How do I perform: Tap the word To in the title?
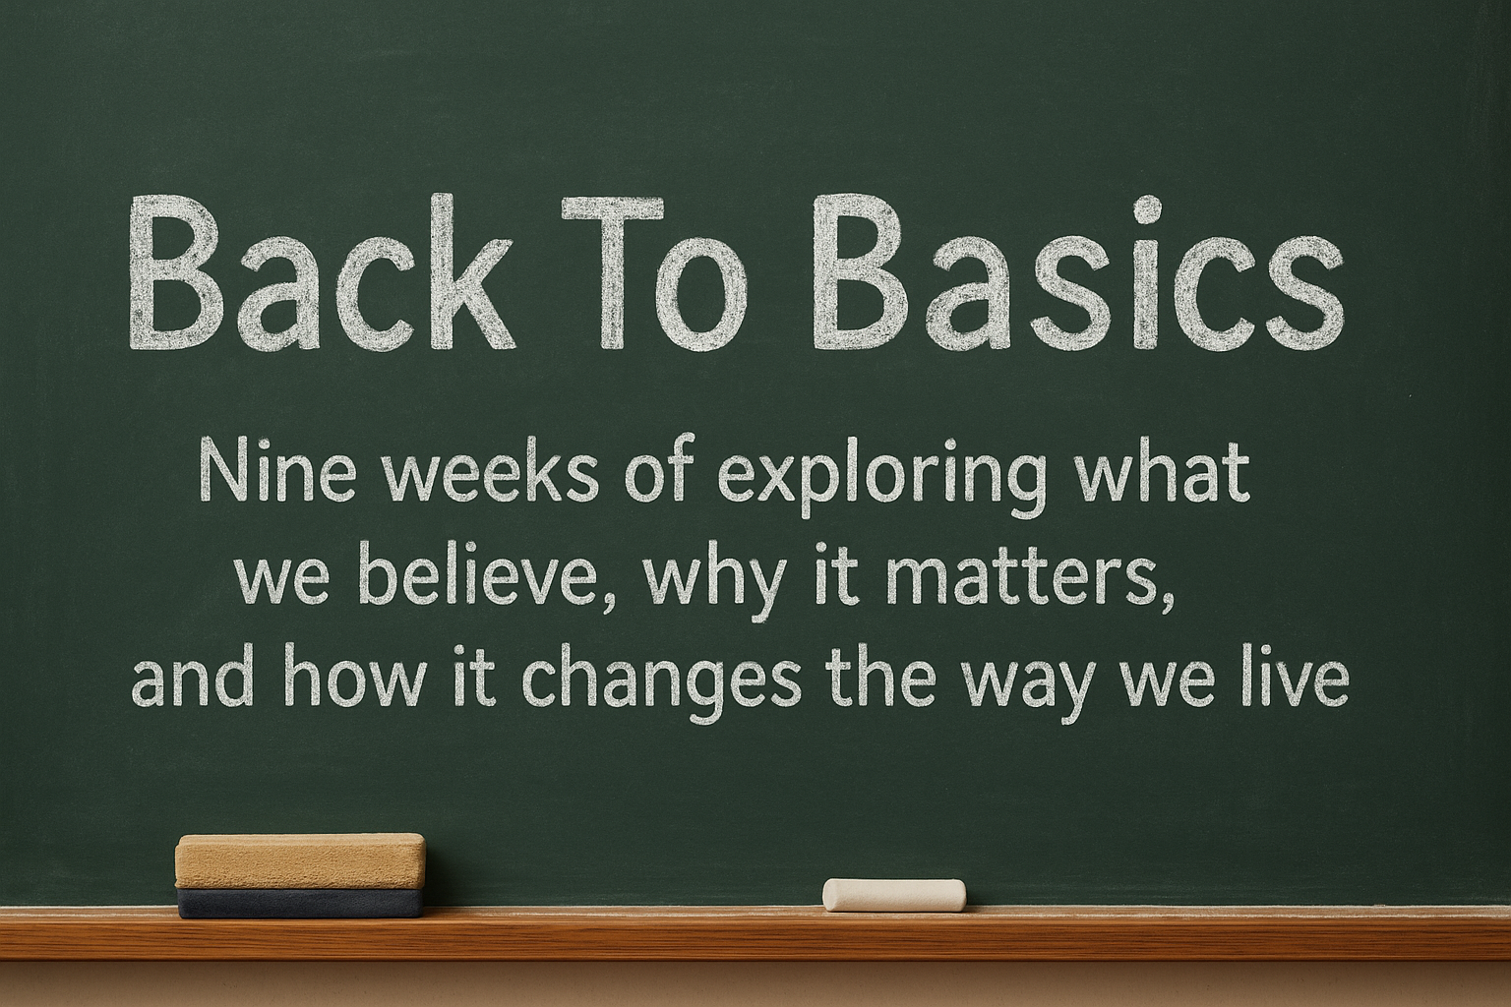click(x=654, y=273)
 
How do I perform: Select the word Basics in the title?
click(x=1077, y=272)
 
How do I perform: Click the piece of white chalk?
click(x=894, y=895)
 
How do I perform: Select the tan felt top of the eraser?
click(x=300, y=860)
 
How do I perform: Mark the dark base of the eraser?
click(x=301, y=903)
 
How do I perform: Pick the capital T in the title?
click(x=612, y=273)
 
